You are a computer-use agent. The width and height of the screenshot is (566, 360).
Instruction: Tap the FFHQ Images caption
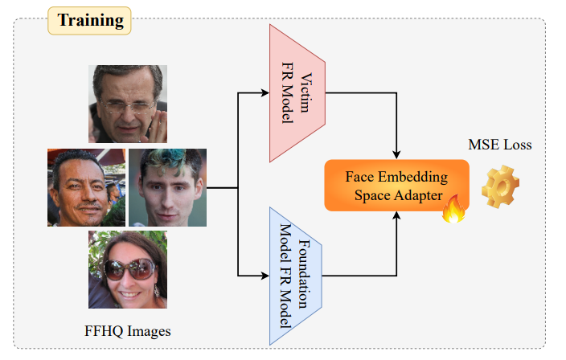128,330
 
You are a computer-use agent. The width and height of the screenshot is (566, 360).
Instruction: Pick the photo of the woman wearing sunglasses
128,270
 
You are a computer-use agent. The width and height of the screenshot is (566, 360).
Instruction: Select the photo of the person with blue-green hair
167,187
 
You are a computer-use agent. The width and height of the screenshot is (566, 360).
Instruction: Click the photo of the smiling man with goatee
86,187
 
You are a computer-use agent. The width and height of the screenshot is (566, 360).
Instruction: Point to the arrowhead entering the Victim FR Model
265,92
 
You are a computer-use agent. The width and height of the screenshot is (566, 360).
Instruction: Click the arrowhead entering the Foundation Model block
265,276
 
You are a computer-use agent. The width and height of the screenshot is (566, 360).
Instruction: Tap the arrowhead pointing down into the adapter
396,154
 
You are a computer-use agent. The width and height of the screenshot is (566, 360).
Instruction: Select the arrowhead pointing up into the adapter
396,215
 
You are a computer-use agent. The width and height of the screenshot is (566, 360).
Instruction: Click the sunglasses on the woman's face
129,268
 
